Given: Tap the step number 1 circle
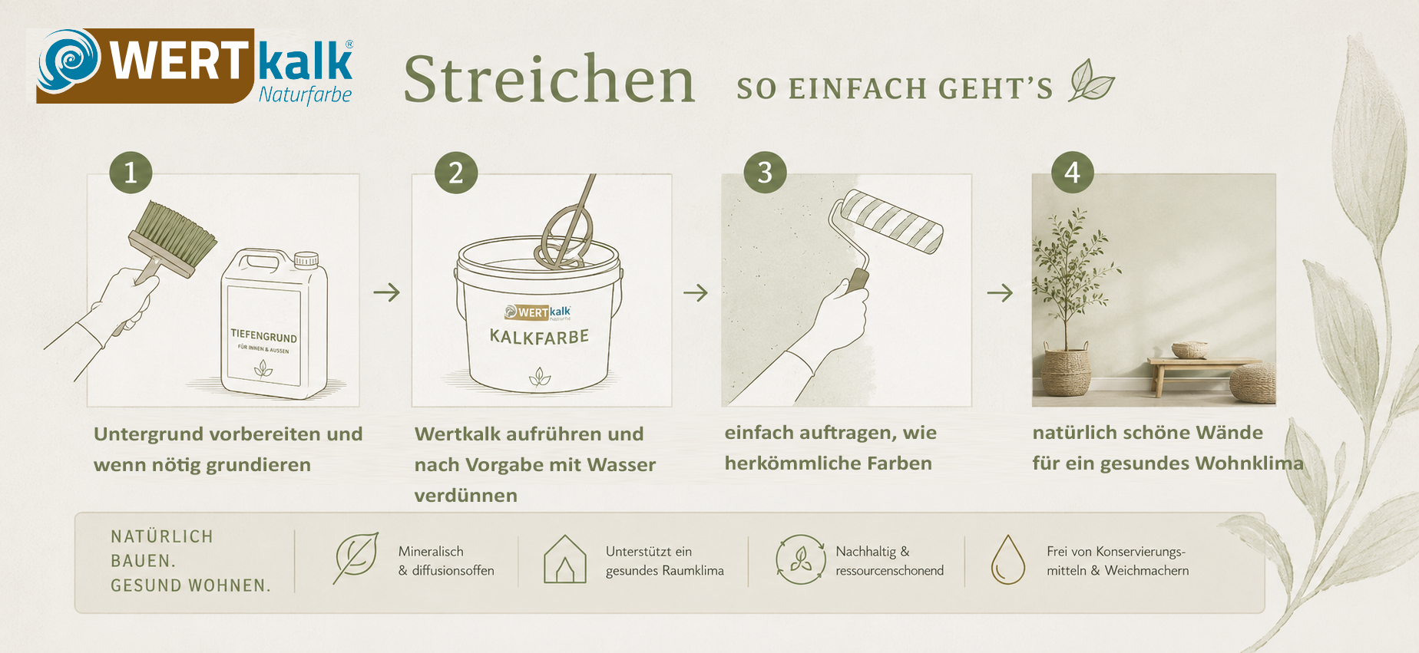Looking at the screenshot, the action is point(131,172).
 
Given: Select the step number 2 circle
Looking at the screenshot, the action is point(456,172).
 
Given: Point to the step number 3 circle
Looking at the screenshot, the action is point(766,172).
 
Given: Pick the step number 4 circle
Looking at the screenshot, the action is point(1073,172).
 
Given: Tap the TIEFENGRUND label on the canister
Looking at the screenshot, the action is point(263,336).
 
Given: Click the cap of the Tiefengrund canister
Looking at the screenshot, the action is point(306,259).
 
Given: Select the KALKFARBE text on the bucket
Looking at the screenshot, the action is point(539,337).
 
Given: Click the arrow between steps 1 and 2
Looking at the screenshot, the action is point(387,292).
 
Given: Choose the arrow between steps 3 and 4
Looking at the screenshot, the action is point(1000,292).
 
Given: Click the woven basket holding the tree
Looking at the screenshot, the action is point(1065,371).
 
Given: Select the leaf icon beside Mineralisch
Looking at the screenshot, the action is point(356,558).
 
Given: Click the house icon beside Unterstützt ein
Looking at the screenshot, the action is point(565,559).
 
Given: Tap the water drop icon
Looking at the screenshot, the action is point(1008,560).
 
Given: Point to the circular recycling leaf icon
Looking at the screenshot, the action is point(800,559).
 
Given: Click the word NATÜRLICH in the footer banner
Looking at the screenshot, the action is point(162,536).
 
